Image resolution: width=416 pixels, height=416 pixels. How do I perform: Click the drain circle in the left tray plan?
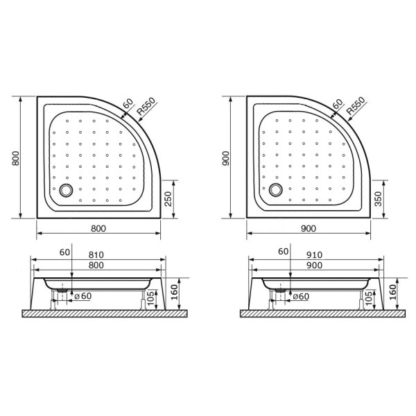(67, 188)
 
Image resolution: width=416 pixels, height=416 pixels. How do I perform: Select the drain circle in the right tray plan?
(277, 189)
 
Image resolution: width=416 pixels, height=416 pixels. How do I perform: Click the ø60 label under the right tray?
(300, 297)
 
